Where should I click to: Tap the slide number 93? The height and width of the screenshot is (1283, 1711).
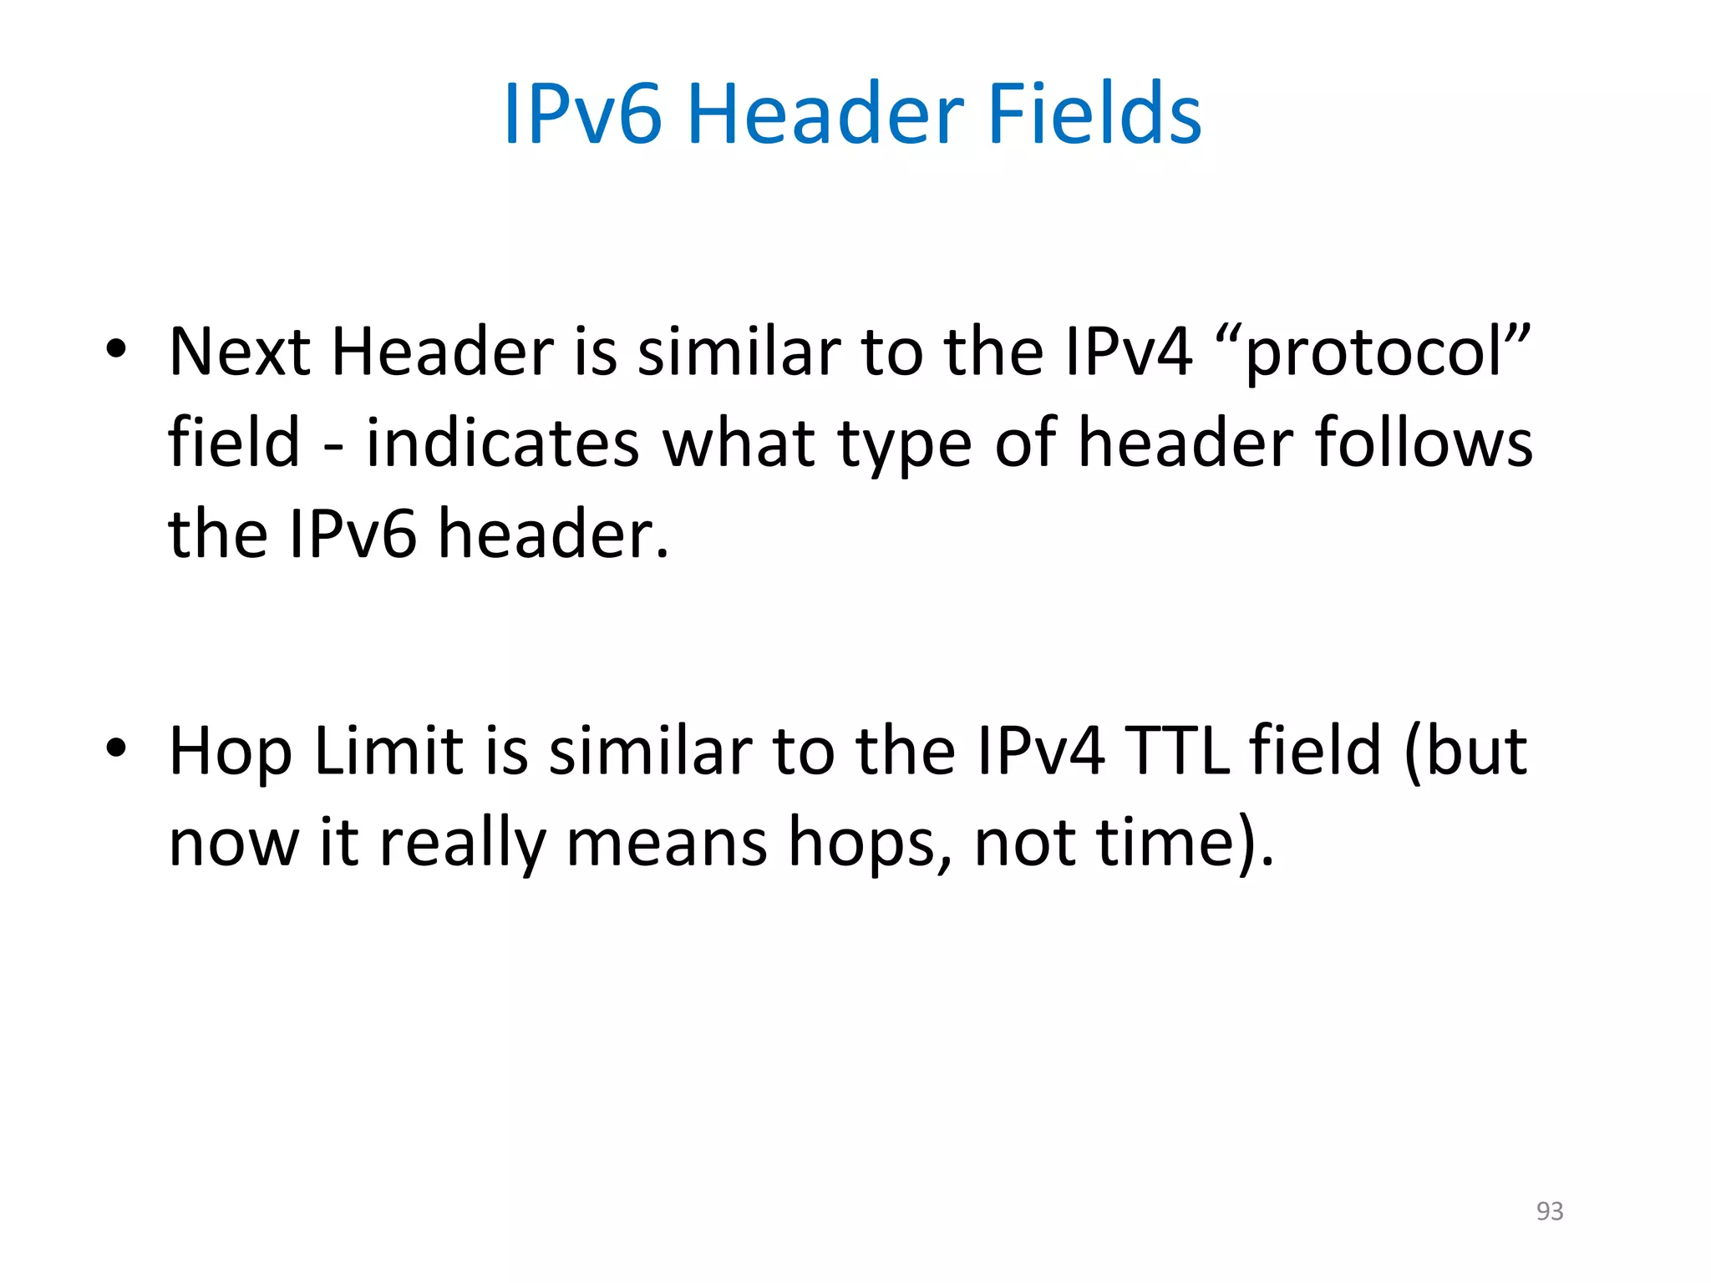[1549, 1210]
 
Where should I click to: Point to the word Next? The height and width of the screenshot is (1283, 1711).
[240, 351]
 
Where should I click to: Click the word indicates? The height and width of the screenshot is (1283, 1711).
[503, 443]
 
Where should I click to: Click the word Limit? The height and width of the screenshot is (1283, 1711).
[388, 750]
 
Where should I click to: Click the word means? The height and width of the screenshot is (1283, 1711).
[666, 842]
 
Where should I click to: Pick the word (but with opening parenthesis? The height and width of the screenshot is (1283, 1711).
[1465, 750]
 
